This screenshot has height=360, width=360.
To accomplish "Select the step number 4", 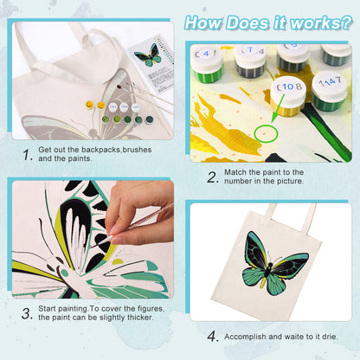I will click(210, 336).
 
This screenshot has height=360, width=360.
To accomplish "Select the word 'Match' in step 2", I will click(238, 170).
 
